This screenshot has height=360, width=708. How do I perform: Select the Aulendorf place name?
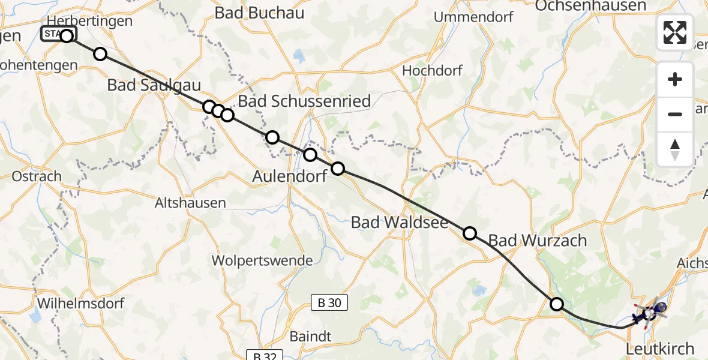pos(290,176)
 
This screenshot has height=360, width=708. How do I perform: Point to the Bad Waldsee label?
pos(400,223)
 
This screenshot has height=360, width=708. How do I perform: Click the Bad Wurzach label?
pos(537,241)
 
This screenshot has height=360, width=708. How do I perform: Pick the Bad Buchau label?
pos(259,13)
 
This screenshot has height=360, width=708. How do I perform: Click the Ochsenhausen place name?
pos(590,6)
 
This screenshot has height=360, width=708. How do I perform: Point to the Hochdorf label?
pos(432,70)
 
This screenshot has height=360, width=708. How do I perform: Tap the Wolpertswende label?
pos(262,261)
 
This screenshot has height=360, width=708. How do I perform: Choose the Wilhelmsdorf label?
pos(81,303)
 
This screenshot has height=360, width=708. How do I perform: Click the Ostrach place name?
pos(37,177)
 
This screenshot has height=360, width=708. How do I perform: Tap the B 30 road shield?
pos(329,303)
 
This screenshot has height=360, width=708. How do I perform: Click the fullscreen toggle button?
pos(675,32)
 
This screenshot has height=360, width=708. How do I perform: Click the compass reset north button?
pos(675,149)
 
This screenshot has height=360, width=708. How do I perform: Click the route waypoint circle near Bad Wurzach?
pos(470,233)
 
